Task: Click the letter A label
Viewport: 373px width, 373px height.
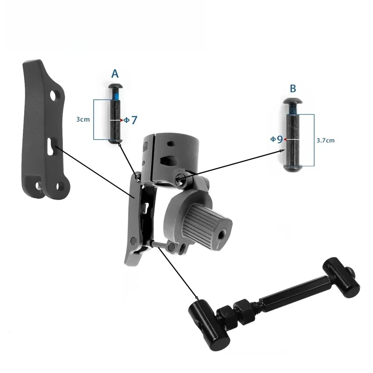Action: pos(115,74)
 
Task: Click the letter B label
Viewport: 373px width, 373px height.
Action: pos(293,88)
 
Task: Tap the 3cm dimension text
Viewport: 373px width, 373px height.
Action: pos(83,119)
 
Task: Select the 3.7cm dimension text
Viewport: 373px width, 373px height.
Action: pos(325,140)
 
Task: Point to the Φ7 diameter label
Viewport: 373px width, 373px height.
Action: pos(131,120)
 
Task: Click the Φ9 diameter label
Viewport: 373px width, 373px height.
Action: pos(276,139)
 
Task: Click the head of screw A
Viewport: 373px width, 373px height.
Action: pos(116,86)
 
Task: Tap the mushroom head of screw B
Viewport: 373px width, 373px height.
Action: pos(293,101)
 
